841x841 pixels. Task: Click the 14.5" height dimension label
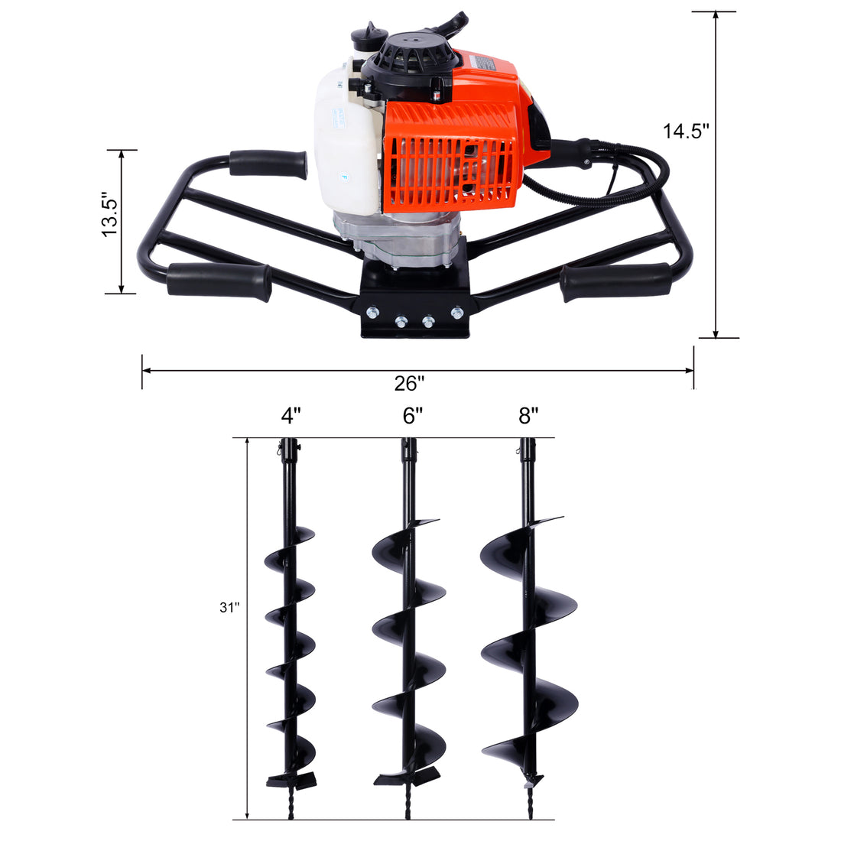(686, 131)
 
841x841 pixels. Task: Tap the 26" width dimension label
(410, 383)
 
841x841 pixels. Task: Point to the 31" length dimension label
(229, 608)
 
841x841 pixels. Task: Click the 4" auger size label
(291, 416)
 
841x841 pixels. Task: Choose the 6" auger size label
(413, 416)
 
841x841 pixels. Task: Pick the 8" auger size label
(528, 416)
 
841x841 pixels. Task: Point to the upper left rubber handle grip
(268, 164)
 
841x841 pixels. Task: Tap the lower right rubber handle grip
(615, 281)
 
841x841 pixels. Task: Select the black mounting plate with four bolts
(414, 313)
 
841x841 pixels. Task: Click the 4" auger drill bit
(291, 627)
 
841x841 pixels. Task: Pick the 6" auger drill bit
(409, 627)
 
